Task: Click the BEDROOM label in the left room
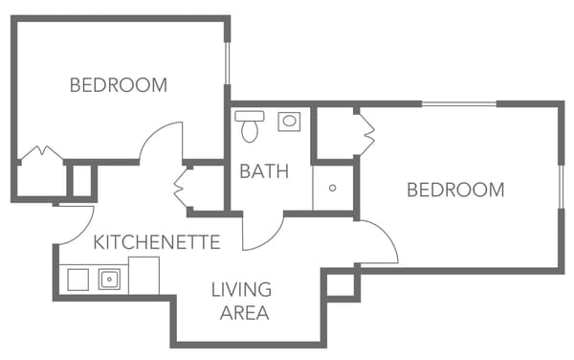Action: [x=119, y=85]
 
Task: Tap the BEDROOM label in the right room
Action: [x=455, y=190]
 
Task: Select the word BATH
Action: [x=264, y=171]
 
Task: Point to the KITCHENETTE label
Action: [x=157, y=242]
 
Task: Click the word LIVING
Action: [x=241, y=289]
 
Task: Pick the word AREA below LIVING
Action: [x=243, y=312]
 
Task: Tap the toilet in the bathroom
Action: [x=251, y=125]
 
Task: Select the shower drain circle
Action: [x=332, y=188]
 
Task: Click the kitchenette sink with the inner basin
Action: [x=108, y=280]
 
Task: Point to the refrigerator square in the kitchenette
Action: [x=143, y=276]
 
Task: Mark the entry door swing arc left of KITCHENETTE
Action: [x=72, y=225]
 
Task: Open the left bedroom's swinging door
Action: [x=161, y=144]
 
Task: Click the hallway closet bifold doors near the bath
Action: [x=182, y=188]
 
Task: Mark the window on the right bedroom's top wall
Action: [x=459, y=103]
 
